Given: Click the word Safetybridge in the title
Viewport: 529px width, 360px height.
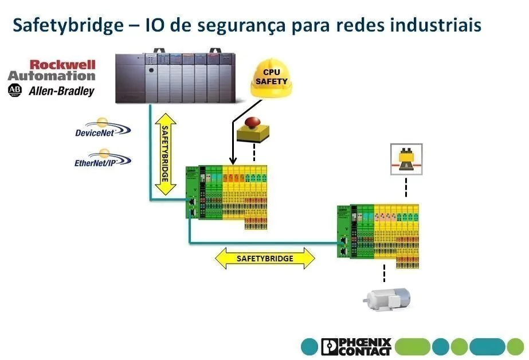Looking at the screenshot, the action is tap(68, 26).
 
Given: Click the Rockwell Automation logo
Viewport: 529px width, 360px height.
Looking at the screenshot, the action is tap(52, 71).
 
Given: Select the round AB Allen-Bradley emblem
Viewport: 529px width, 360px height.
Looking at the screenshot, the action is tap(14, 91).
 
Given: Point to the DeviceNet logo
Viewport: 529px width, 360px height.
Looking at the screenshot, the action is tap(102, 128).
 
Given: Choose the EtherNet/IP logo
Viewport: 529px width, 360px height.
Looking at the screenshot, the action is tap(103, 159).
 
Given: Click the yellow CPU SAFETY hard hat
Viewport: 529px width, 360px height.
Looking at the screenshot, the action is tap(271, 79).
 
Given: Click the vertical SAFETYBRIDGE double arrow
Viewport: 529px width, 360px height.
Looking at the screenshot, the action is tap(165, 154).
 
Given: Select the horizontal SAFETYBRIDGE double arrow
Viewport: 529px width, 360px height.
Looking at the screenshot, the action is tap(265, 259).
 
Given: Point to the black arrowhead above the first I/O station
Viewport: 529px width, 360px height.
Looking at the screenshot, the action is tap(233, 161).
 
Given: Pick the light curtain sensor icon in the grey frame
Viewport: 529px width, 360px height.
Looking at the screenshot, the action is tap(406, 159).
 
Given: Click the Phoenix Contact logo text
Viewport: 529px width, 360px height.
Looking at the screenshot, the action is tap(356, 346).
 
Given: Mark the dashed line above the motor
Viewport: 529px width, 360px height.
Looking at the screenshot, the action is tap(384, 273).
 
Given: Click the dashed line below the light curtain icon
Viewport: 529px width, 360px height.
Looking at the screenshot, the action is tap(406, 187).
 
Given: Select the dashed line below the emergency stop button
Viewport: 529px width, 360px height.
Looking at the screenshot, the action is tap(254, 153).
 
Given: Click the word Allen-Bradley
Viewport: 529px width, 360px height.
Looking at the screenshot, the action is tap(61, 91).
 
